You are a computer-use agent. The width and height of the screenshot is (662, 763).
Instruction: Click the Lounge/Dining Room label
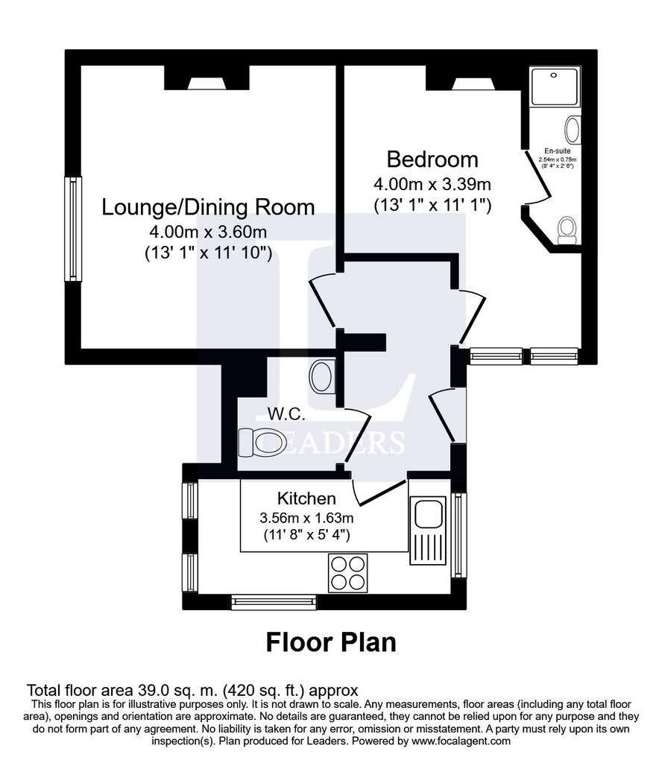(x=208, y=207)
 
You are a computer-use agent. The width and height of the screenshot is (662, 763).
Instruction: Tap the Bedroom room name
(x=432, y=159)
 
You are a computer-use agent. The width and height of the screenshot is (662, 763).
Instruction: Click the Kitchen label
(x=306, y=498)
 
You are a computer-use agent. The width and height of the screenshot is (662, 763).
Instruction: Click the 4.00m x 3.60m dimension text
(x=208, y=232)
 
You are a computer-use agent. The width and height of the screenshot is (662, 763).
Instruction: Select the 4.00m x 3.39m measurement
(x=432, y=183)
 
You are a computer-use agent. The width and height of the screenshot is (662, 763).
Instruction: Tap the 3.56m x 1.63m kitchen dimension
(x=306, y=517)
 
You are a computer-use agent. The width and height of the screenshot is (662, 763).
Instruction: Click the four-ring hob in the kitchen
(x=347, y=573)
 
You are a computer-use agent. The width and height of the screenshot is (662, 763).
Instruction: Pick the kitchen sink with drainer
(x=428, y=531)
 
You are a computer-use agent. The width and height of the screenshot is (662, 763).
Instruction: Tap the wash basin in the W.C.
(x=323, y=376)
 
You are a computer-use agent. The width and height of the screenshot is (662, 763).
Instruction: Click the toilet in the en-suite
(x=567, y=230)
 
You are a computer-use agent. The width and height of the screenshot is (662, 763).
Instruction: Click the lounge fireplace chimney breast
(x=207, y=78)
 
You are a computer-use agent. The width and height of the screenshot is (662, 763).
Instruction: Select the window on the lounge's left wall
(x=72, y=229)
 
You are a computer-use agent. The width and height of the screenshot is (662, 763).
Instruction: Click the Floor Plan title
(x=331, y=642)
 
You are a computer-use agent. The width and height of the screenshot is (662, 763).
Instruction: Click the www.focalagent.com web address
(x=458, y=741)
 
